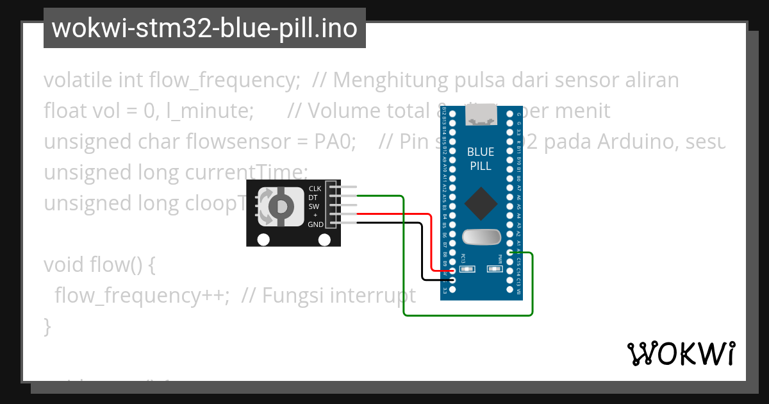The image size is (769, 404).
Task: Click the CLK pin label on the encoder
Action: (315, 189)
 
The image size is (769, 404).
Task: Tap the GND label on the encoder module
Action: (315, 224)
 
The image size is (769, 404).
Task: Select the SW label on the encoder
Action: (314, 206)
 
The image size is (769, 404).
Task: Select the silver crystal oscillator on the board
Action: (481, 238)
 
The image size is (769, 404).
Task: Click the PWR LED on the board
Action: (495, 269)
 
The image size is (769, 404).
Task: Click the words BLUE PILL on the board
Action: (481, 159)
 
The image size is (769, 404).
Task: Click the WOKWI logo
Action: (681, 353)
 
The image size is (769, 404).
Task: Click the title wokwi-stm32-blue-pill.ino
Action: (204, 28)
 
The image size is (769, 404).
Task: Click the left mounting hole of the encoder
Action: (263, 240)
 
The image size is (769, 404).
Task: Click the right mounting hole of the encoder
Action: (325, 240)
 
